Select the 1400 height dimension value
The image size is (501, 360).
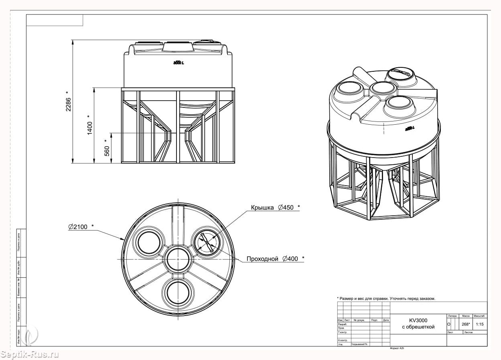pyautogui.click(x=90, y=125)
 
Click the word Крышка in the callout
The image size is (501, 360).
pyautogui.click(x=262, y=208)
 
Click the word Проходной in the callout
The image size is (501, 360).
pyautogui.click(x=262, y=259)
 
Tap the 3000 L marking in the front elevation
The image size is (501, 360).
pyautogui.click(x=178, y=63)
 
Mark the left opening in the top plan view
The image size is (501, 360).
pyautogui.click(x=149, y=242)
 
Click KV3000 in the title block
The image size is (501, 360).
pyautogui.click(x=418, y=320)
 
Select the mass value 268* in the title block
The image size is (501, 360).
pyautogui.click(x=465, y=324)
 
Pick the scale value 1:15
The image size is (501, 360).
pyautogui.click(x=479, y=324)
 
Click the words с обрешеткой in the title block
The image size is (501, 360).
pyautogui.click(x=418, y=327)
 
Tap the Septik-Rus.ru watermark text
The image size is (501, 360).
pyautogui.click(x=30, y=354)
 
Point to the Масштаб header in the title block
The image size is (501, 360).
pyautogui.click(x=479, y=316)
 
